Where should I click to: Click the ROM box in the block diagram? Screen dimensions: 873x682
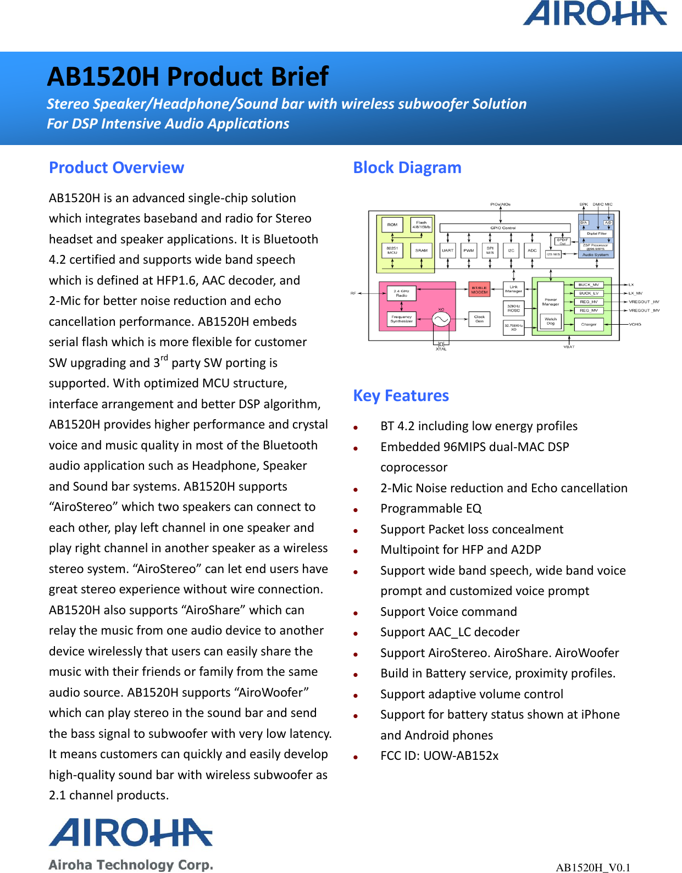[x=392, y=225]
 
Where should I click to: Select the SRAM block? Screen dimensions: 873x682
[x=422, y=251]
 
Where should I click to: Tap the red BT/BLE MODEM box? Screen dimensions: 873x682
[x=479, y=290]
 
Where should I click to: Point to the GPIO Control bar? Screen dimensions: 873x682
[x=505, y=228]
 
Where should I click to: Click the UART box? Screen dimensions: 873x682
[x=448, y=251]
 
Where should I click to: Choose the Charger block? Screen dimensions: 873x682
[x=589, y=325]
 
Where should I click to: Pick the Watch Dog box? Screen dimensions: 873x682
[x=551, y=321]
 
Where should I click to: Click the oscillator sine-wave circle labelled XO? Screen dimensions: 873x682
[x=441, y=319]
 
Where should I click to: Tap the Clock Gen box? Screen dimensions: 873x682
[x=479, y=319]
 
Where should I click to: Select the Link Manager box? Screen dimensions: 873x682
[x=514, y=289]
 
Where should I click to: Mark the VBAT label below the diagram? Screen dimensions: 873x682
[x=569, y=347]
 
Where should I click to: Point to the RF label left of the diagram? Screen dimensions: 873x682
[x=353, y=293]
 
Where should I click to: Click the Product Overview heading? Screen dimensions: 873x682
[x=117, y=168]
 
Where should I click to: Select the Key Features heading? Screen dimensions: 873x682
[x=401, y=396]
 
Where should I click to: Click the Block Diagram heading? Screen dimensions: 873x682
[x=407, y=168]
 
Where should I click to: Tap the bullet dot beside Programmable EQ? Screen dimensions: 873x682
[x=356, y=510]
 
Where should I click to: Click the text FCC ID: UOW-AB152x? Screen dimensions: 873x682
[x=439, y=756]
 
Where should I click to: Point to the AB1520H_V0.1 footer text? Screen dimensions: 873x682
[x=593, y=868]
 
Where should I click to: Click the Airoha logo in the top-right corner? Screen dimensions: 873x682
[x=595, y=14]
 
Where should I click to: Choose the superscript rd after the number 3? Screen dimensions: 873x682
[x=164, y=358]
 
